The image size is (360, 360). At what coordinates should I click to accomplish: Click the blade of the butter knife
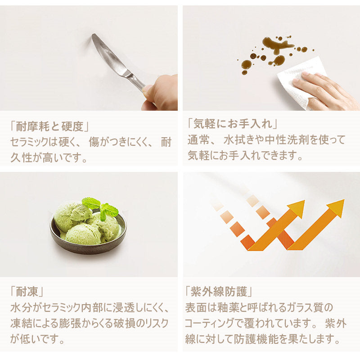click(108, 54)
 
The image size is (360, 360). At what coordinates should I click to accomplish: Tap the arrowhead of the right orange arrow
click(336, 208)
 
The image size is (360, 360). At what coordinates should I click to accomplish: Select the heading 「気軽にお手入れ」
click(233, 124)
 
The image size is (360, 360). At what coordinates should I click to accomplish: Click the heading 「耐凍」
click(27, 292)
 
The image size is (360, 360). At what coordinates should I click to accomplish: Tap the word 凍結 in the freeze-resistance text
click(21, 323)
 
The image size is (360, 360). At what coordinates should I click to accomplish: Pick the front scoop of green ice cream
click(83, 234)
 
